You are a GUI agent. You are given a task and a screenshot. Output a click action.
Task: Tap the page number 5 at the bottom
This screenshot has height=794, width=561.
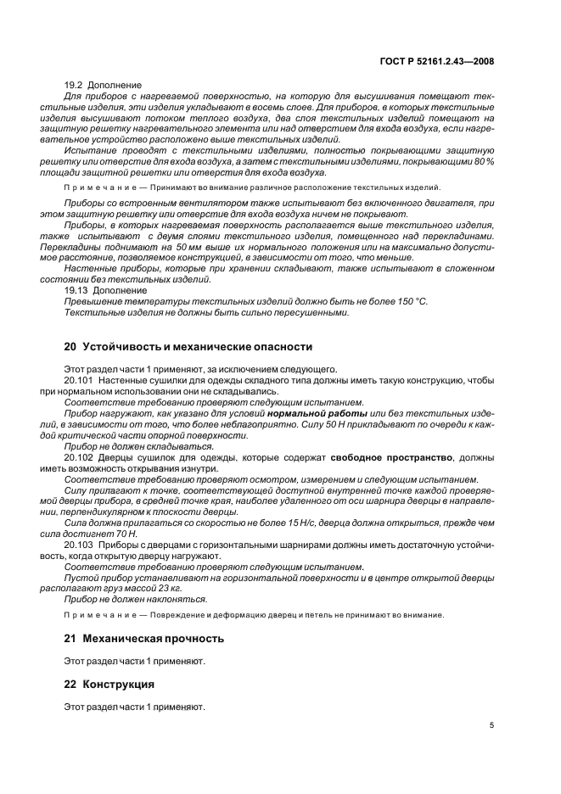click(491, 725)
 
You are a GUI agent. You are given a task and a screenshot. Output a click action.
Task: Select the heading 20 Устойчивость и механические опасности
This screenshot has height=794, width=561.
click(188, 346)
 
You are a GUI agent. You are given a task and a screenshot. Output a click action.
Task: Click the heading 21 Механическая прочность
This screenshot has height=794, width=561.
click(144, 638)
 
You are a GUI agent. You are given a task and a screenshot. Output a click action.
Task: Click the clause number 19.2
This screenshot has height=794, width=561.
click(75, 85)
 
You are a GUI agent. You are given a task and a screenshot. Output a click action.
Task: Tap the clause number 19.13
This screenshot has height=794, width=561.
click(77, 290)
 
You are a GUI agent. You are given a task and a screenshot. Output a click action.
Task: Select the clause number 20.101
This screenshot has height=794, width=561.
click(80, 381)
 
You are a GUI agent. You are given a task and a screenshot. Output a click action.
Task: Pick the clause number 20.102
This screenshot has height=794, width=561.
click(80, 456)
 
